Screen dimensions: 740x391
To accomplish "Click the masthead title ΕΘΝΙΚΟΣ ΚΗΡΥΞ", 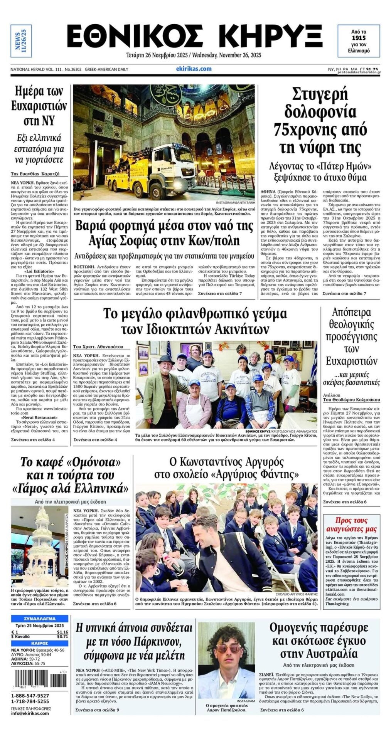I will tap(194, 37).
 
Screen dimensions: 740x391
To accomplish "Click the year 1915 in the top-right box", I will tap(358, 38).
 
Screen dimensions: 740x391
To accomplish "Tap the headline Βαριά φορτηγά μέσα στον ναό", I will tap(164, 233).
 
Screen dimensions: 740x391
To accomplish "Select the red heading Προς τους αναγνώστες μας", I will tap(351, 524).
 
